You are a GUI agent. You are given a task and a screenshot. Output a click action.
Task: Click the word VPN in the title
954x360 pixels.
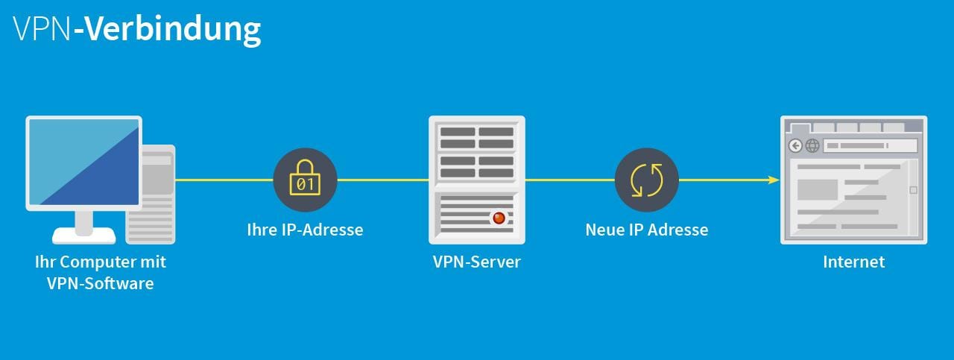click(42, 28)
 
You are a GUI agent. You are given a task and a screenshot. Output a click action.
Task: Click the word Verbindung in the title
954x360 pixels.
click(172, 28)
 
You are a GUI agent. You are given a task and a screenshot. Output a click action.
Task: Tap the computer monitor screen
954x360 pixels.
click(83, 162)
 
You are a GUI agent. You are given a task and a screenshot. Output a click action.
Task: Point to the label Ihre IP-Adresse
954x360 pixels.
click(305, 230)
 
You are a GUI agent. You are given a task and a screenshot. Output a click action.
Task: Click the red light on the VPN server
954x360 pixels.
click(499, 218)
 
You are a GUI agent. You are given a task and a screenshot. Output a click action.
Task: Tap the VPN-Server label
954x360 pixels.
click(477, 262)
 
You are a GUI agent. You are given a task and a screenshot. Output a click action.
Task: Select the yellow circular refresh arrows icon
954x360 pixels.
click(646, 180)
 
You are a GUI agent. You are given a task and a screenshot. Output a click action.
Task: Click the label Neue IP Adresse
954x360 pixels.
click(646, 230)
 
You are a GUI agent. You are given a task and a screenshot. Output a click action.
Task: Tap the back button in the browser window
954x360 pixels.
click(796, 146)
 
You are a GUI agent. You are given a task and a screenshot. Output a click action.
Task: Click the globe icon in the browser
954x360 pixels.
click(812, 146)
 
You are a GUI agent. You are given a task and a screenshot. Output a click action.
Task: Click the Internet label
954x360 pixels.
click(853, 262)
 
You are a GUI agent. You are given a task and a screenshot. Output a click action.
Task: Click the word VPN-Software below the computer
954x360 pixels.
click(100, 283)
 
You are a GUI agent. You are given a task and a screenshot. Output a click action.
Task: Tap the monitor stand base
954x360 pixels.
click(83, 236)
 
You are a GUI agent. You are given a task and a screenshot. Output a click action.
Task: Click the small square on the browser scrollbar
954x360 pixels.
click(913, 190)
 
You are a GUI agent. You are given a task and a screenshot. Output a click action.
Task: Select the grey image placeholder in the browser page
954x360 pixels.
click(818, 189)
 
